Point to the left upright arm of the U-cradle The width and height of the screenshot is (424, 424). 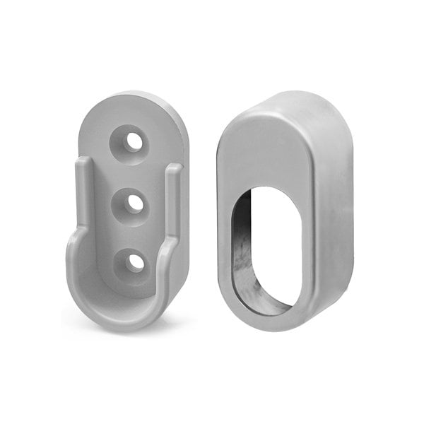pos(83,205)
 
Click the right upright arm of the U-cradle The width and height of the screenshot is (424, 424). pos(172,212)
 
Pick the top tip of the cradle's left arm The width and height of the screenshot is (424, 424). pos(83,164)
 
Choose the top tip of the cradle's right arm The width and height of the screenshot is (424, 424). pos(174,170)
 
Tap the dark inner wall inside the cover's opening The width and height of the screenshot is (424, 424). pos(244,247)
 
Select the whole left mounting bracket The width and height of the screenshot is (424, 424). pos(127,212)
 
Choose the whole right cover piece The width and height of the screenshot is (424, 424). pos(283,212)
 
